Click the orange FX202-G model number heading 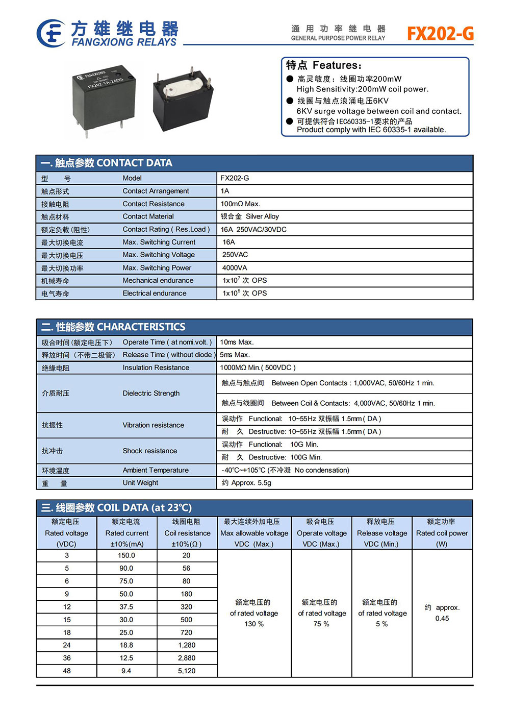click(x=440, y=34)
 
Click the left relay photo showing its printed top click(x=104, y=97)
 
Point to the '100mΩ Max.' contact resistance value click(x=240, y=204)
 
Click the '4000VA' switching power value click(x=235, y=267)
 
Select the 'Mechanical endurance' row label click(x=158, y=280)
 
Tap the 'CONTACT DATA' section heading click(x=134, y=163)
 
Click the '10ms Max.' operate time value click(x=237, y=342)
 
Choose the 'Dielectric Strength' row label click(x=151, y=393)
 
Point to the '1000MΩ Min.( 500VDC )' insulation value click(x=258, y=368)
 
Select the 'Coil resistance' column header click(x=187, y=533)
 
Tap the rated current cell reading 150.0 click(x=126, y=555)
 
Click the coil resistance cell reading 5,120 click(x=187, y=671)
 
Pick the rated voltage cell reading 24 click(x=67, y=645)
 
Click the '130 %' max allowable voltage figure click(x=254, y=624)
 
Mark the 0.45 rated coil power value click(x=442, y=619)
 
